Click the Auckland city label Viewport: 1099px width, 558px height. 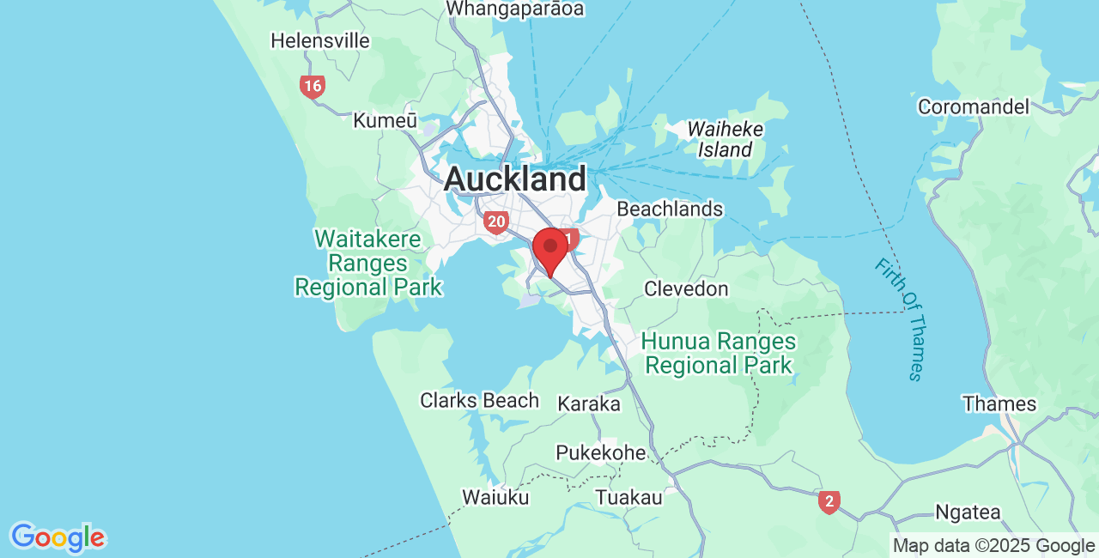pyautogui.click(x=515, y=179)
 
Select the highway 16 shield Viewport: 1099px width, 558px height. pyautogui.click(x=313, y=86)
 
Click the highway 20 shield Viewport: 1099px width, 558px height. pyautogui.click(x=495, y=222)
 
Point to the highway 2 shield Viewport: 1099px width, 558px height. pyautogui.click(x=829, y=501)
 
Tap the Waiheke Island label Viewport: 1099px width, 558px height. pyautogui.click(x=725, y=139)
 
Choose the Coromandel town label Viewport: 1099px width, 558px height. pyautogui.click(x=973, y=106)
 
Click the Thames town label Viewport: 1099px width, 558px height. pyautogui.click(x=999, y=403)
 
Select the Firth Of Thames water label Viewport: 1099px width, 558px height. pyautogui.click(x=900, y=318)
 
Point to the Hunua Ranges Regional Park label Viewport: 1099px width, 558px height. pyautogui.click(x=719, y=354)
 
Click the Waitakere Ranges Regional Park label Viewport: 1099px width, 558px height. pyautogui.click(x=368, y=263)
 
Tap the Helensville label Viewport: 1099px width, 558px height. pyautogui.click(x=320, y=40)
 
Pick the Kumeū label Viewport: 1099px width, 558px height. pyautogui.click(x=385, y=121)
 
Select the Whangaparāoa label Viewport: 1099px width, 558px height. pyautogui.click(x=515, y=9)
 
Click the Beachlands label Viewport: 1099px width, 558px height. pyautogui.click(x=670, y=209)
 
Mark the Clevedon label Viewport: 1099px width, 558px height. pyautogui.click(x=686, y=288)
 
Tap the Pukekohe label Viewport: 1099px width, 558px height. pyautogui.click(x=600, y=452)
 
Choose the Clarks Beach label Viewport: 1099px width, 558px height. pyautogui.click(x=479, y=400)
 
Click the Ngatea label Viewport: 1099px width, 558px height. pyautogui.click(x=968, y=513)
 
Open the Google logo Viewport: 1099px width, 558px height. pyautogui.click(x=58, y=538)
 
